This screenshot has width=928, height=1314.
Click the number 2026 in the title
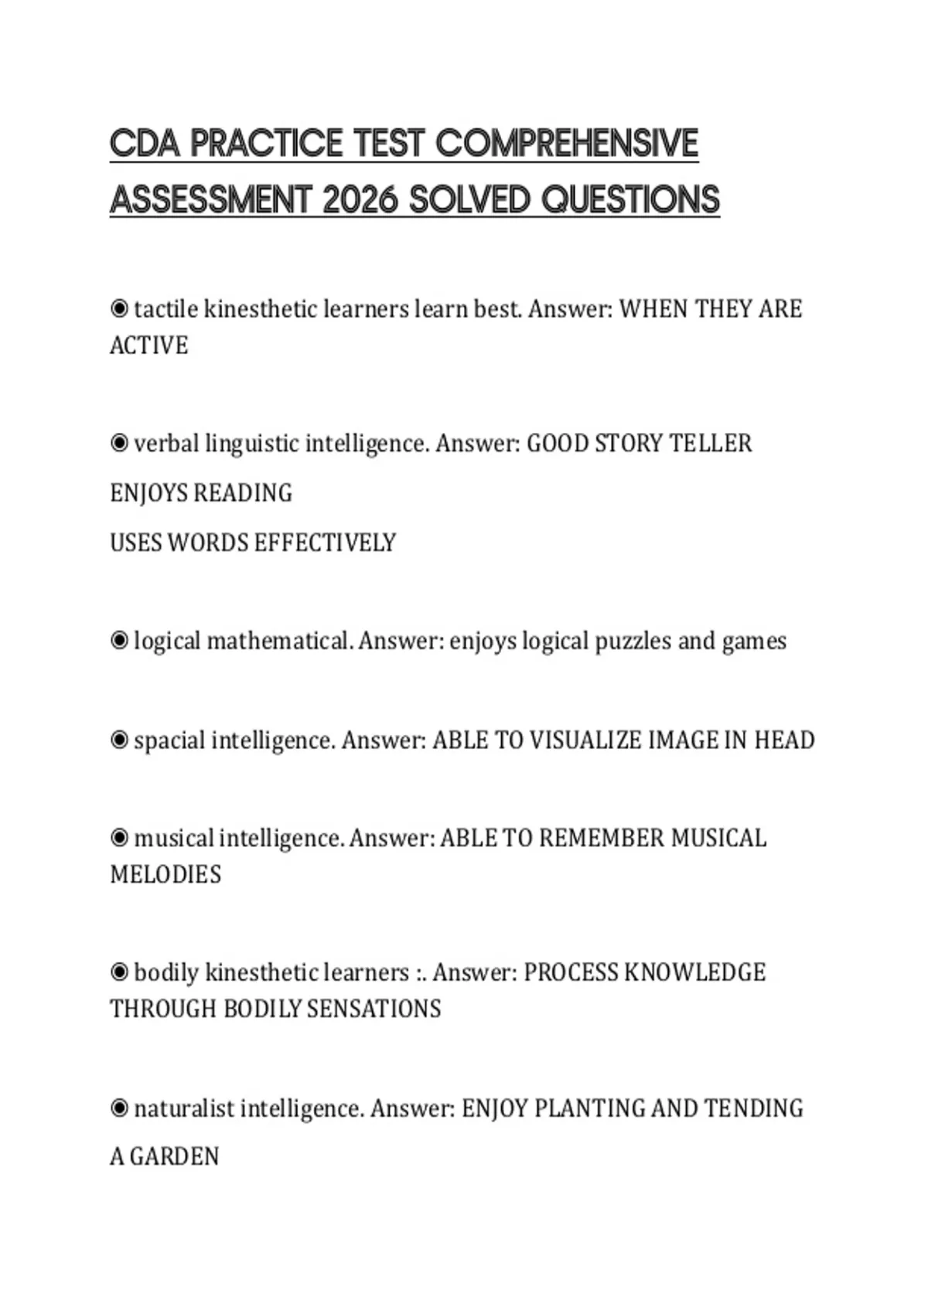359,200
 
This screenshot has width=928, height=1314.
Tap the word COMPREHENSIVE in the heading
567,144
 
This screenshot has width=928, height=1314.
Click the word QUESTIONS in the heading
630,200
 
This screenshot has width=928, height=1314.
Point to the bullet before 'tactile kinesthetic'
119,309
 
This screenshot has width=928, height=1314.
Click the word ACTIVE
148,346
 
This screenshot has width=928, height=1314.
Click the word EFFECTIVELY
325,543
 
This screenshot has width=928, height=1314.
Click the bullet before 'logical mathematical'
119,641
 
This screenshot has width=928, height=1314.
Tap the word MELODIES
165,875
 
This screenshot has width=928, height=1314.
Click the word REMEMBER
602,839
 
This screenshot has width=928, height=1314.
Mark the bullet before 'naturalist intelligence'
119,1108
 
